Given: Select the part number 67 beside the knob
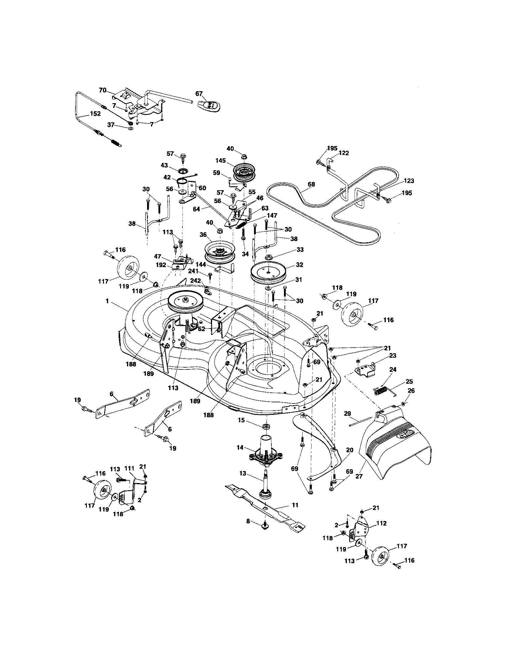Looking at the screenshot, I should click(199, 94).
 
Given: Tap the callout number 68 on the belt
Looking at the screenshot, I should click(311, 184).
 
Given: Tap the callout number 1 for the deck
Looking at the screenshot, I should click(108, 301).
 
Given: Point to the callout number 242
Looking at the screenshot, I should click(196, 281).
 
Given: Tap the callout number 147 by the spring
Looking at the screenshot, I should click(271, 215).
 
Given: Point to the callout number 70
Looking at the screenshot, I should click(103, 90).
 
